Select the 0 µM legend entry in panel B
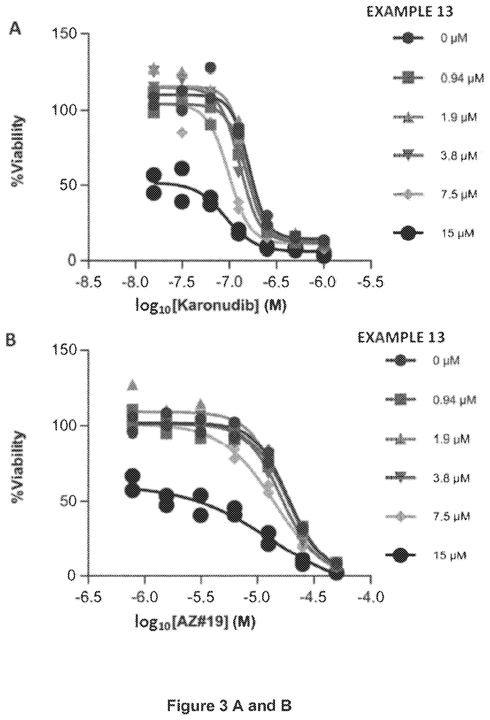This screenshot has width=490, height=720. click(423, 361)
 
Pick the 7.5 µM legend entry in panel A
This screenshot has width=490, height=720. click(435, 194)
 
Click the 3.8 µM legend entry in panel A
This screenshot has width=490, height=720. click(435, 155)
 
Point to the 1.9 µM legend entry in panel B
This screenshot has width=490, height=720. click(428, 439)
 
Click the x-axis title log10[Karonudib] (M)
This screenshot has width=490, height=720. click(211, 306)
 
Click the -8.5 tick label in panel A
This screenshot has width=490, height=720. click(89, 282)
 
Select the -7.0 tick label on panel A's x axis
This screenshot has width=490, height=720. click(229, 282)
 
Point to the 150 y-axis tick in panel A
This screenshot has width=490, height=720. click(65, 33)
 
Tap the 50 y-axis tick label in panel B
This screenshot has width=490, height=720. click(68, 501)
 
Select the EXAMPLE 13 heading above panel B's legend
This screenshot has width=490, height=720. click(401, 337)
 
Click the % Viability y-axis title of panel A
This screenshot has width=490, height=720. click(18, 151)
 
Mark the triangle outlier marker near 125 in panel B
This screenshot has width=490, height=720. click(132, 385)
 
